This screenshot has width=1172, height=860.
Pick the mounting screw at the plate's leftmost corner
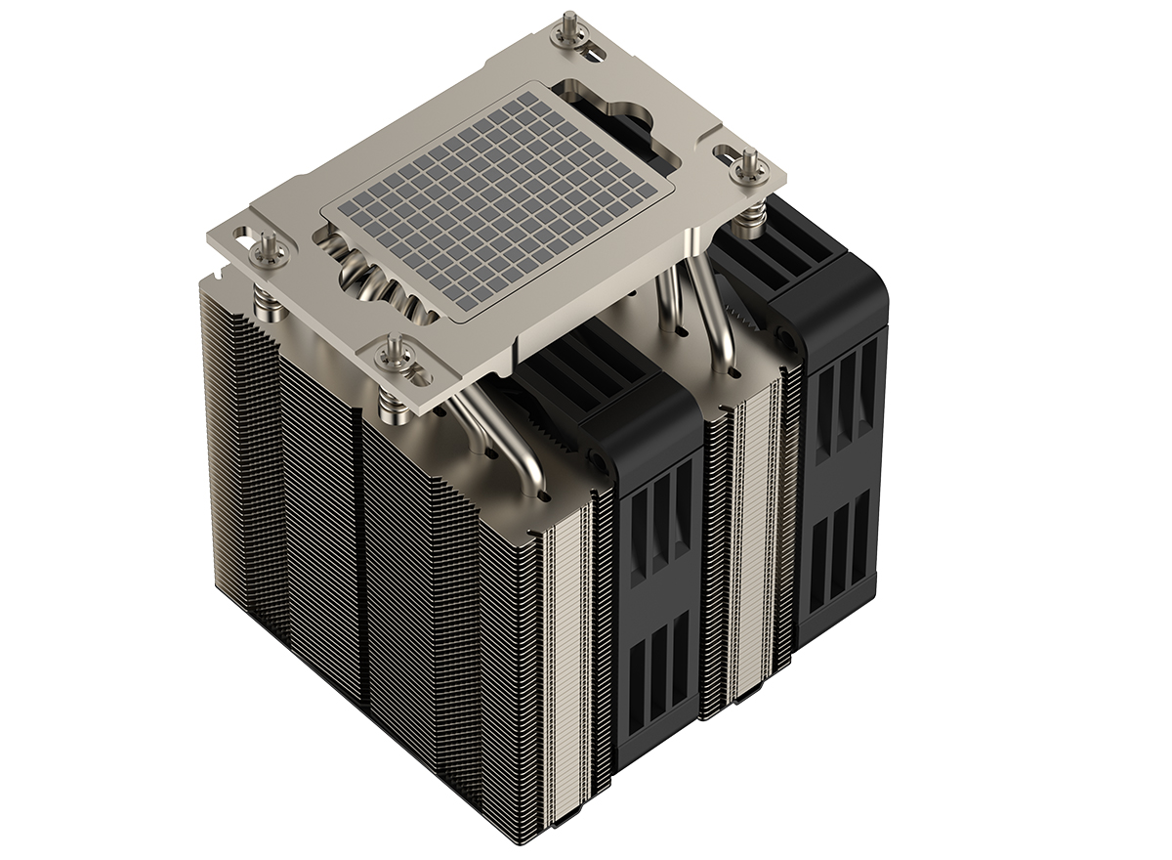[x=266, y=249]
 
